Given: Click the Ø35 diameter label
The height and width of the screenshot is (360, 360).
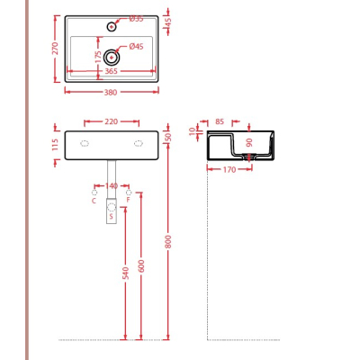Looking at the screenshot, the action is coord(136,19).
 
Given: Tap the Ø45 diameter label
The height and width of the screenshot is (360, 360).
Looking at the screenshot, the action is coord(136,47).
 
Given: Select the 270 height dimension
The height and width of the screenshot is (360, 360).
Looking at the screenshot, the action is coord(56,49).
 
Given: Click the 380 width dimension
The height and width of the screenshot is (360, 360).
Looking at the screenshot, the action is coord(111,93).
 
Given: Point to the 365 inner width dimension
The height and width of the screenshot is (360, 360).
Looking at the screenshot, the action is coord(111,71).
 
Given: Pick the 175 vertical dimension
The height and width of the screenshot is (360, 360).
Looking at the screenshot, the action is coord(98,57).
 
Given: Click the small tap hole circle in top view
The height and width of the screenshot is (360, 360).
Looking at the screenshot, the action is coord(112,27).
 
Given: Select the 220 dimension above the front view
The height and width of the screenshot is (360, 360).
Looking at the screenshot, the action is coord(112,121).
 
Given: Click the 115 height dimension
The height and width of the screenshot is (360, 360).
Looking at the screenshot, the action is coord(55,145).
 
